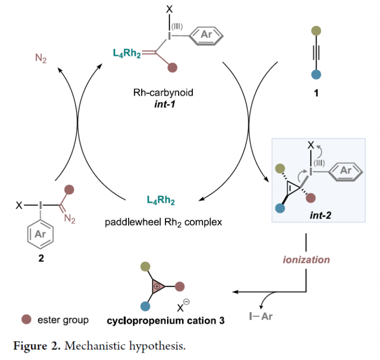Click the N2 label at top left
point(41,59)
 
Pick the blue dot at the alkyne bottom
point(315,75)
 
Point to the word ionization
point(306,260)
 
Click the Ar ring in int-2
point(345,171)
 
